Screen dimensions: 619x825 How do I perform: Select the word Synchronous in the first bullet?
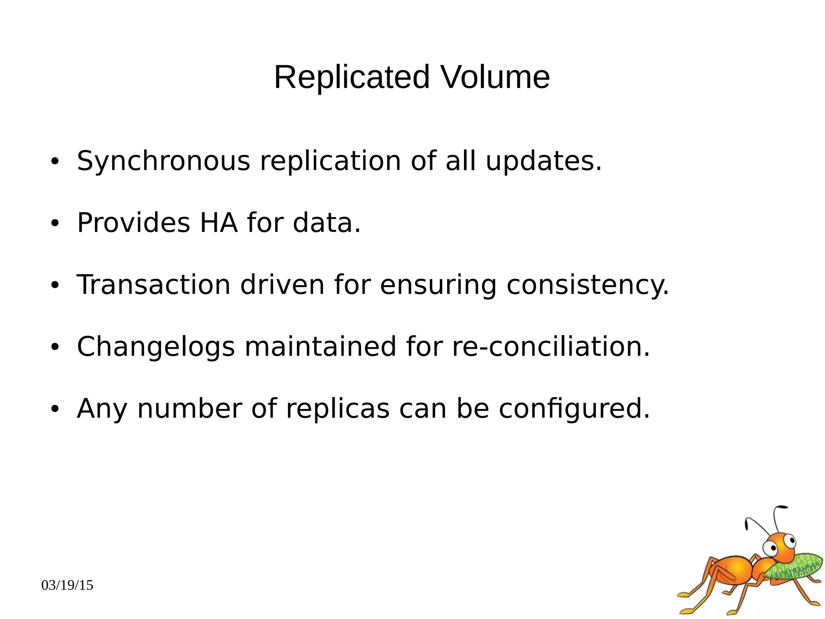[x=164, y=161]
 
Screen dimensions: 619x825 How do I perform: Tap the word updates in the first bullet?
[x=543, y=161]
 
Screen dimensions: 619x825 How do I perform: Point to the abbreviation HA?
[x=218, y=223]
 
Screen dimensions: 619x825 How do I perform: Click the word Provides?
[x=133, y=223]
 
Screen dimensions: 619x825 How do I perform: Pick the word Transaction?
[x=153, y=285]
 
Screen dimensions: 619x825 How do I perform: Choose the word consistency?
[x=587, y=286]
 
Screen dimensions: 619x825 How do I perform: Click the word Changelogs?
[x=156, y=347]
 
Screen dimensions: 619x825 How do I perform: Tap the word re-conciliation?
[x=551, y=347]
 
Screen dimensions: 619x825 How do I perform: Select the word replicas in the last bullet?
[x=338, y=408]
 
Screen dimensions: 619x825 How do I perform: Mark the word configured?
[x=574, y=409]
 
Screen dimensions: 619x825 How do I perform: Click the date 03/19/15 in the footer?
[x=67, y=585]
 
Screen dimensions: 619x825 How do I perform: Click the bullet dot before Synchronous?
[x=55, y=162]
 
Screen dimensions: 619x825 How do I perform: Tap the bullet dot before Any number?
[x=55, y=410]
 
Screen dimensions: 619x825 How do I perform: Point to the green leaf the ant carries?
[x=796, y=567]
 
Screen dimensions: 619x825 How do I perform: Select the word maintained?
[x=320, y=347]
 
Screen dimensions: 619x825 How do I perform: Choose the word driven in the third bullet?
[x=282, y=285]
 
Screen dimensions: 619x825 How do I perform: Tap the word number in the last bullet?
[x=189, y=408]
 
